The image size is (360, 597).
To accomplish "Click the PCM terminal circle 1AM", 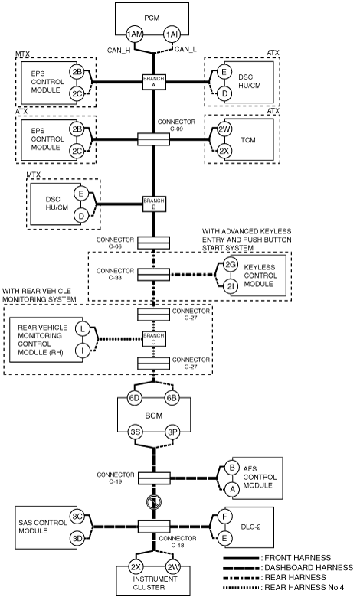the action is pos(134,34).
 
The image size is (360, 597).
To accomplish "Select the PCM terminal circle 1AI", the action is pos(171,34).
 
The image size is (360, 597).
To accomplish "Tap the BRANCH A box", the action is pos(154,82).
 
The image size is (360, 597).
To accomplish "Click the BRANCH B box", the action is pos(154,204).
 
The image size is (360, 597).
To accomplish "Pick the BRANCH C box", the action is pos(154,339).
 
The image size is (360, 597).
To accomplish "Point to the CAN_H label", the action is pos(119,50).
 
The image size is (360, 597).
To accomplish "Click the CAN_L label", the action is pos(185,49).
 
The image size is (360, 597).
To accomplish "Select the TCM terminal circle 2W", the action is pos(224,129).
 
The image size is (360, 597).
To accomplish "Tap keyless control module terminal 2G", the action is pos(230,265).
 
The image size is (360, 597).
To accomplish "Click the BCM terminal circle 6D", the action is pos(134,398).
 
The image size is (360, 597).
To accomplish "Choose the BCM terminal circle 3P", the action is pos(172,432).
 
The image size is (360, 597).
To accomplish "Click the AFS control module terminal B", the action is pos(231,468).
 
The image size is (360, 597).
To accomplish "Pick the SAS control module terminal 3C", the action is pos(77,517).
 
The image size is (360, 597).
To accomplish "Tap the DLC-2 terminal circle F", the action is pos(224,517).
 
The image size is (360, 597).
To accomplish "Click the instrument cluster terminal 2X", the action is pos(136,567).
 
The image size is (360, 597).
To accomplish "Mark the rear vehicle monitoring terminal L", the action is pos(82,328).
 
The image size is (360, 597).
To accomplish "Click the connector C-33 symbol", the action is pos(153,275).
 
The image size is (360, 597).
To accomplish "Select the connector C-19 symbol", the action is pos(154,478).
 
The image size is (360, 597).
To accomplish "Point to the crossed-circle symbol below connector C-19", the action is pos(154,503).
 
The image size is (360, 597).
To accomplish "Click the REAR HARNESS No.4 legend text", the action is pos(304,588).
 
